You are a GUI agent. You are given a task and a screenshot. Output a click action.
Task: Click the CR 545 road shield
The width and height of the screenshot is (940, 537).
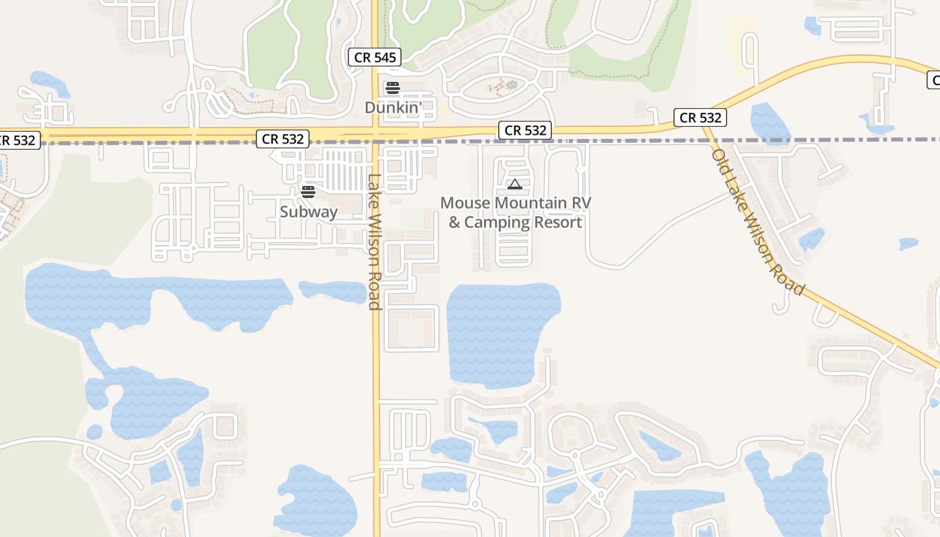pyautogui.click(x=375, y=58)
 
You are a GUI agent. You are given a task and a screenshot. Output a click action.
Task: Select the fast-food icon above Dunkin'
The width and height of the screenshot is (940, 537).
pyautogui.click(x=392, y=88)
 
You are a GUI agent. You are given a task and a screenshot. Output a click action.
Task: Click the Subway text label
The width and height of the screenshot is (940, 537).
pyautogui.click(x=309, y=212)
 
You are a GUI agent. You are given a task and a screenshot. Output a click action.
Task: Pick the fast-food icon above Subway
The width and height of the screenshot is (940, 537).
pyautogui.click(x=308, y=192)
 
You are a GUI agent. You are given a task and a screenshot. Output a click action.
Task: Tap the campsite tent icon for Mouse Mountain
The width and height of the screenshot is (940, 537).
pyautogui.click(x=514, y=184)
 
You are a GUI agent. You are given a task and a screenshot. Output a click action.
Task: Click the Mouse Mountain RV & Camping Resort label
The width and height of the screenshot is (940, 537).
pyautogui.click(x=515, y=213)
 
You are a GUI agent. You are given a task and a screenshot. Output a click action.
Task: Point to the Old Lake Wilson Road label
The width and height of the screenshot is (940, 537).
pyautogui.click(x=758, y=222)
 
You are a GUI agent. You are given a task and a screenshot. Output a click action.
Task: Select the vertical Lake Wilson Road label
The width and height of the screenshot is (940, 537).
pyautogui.click(x=375, y=242)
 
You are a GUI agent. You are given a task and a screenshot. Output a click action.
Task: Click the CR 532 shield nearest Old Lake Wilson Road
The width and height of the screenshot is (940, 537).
pyautogui.click(x=700, y=118)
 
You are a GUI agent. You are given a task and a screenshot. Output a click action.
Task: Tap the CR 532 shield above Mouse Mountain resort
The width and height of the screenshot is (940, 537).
pyautogui.click(x=526, y=130)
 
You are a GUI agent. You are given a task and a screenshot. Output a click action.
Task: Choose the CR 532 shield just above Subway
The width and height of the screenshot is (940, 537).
pyautogui.click(x=283, y=139)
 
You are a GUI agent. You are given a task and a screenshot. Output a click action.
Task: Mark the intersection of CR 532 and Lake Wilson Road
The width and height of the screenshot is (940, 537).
pyautogui.click(x=376, y=134)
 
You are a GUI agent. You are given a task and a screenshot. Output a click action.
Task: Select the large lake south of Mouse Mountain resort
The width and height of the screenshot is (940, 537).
pyautogui.click(x=500, y=332)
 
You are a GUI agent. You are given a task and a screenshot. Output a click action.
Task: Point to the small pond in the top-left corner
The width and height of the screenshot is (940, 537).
pyautogui.click(x=50, y=83)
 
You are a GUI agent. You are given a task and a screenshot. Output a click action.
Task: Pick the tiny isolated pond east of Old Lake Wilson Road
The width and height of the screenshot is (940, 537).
pyautogui.click(x=908, y=244)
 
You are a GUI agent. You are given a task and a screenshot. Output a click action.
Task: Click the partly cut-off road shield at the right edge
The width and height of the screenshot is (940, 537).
pyautogui.click(x=934, y=81)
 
